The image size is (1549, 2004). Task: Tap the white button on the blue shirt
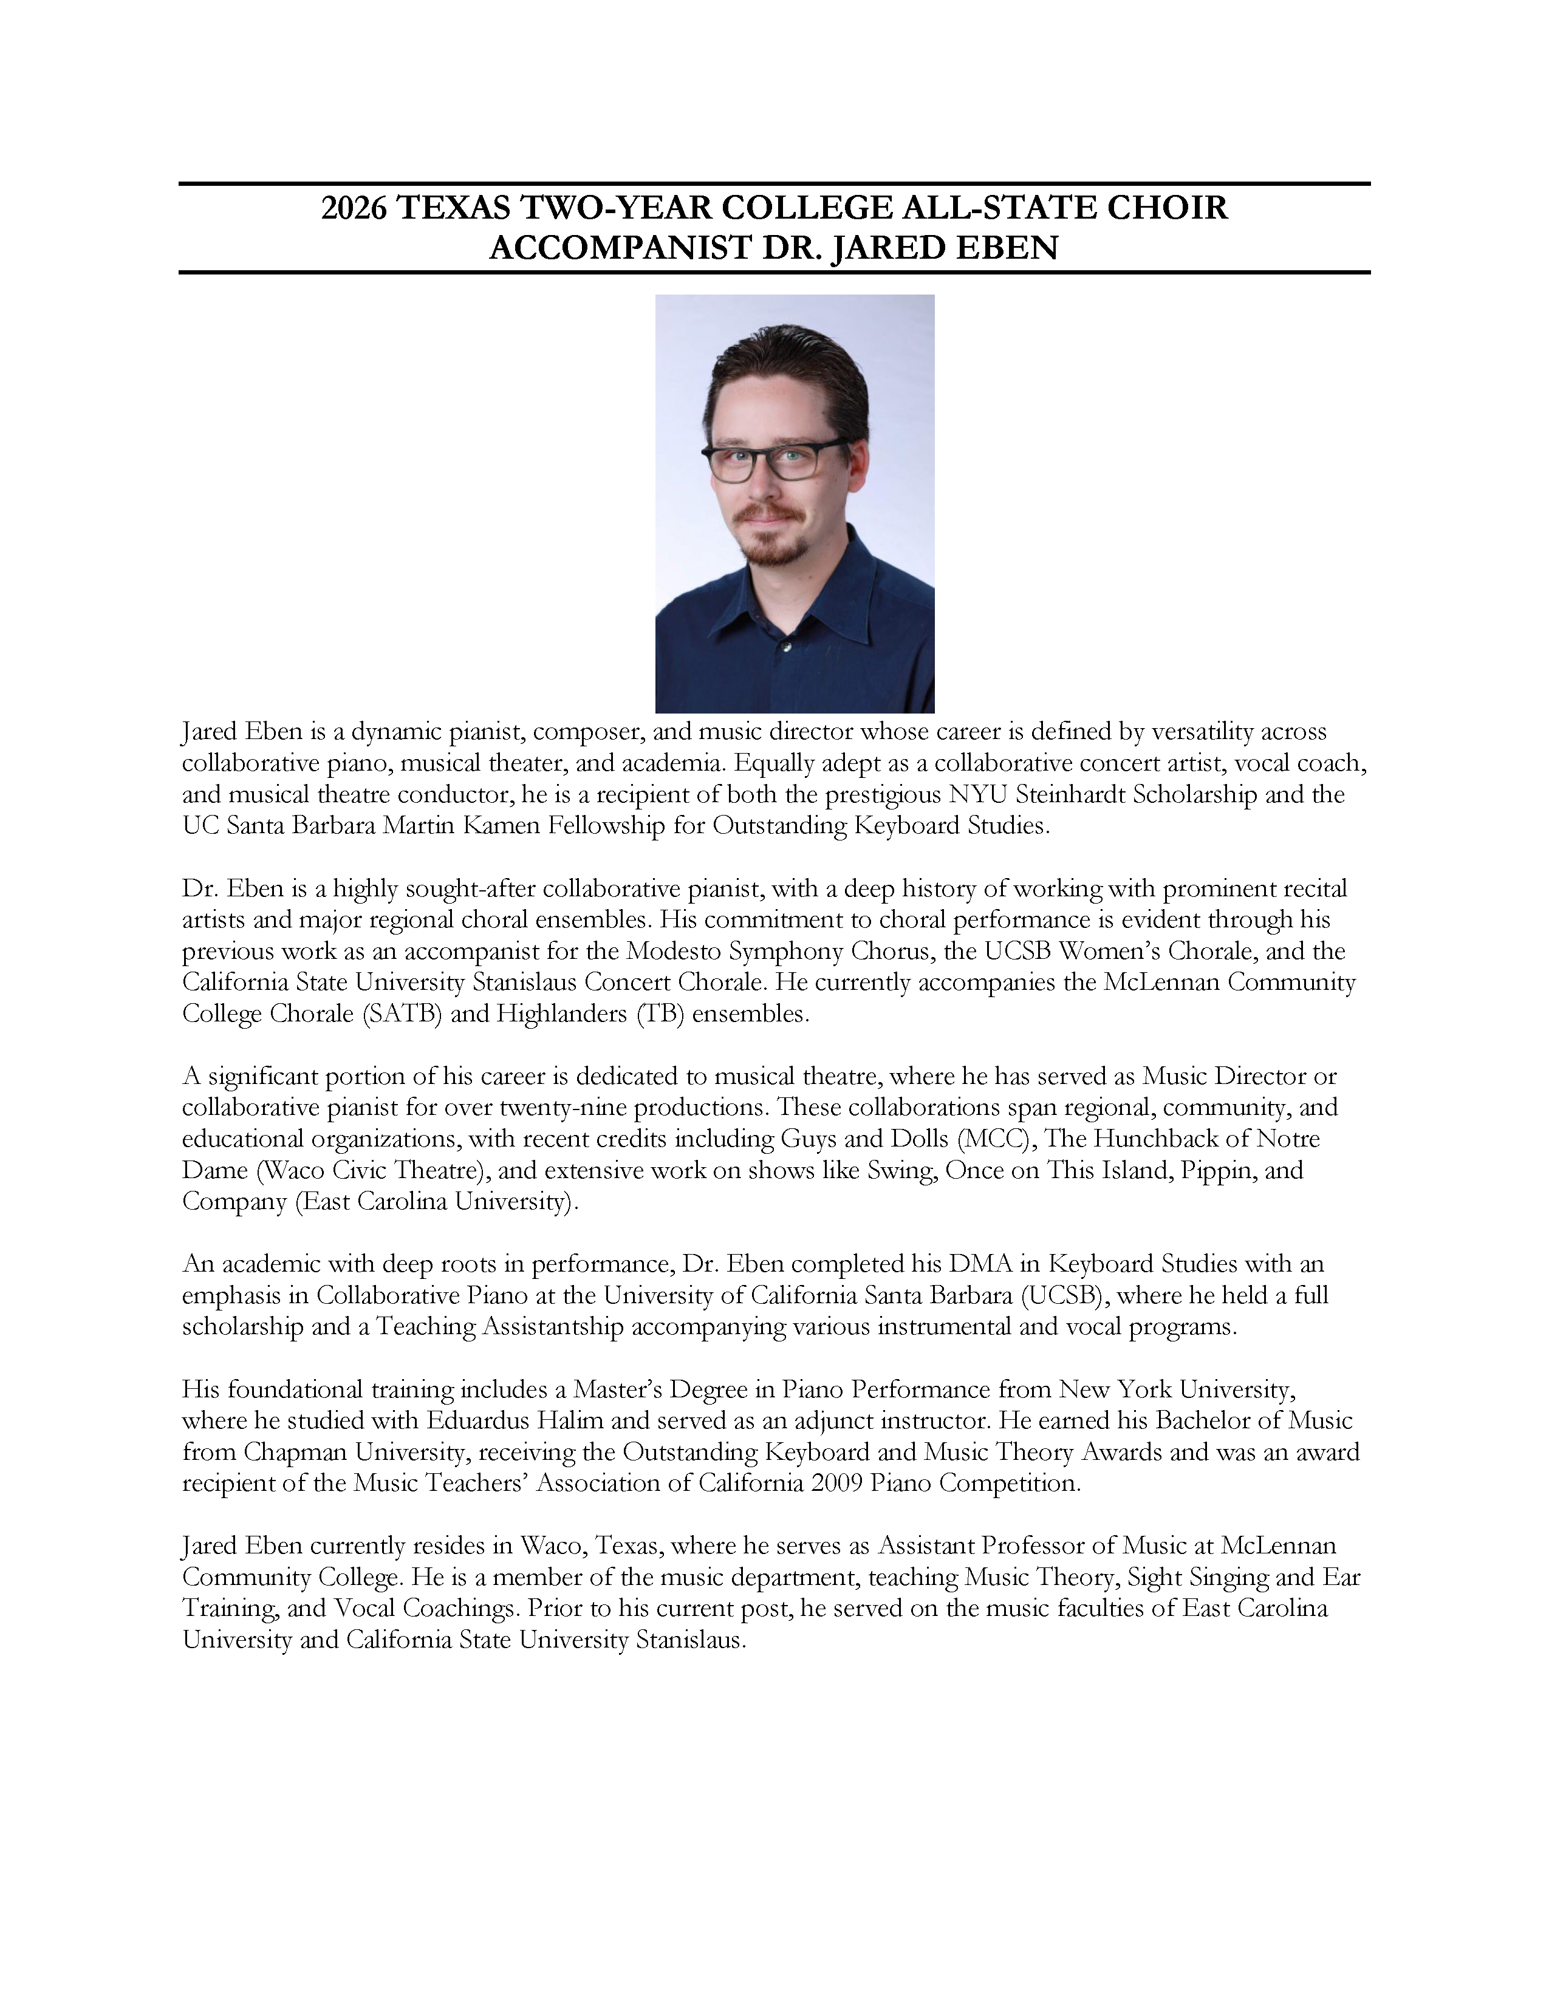point(785,648)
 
